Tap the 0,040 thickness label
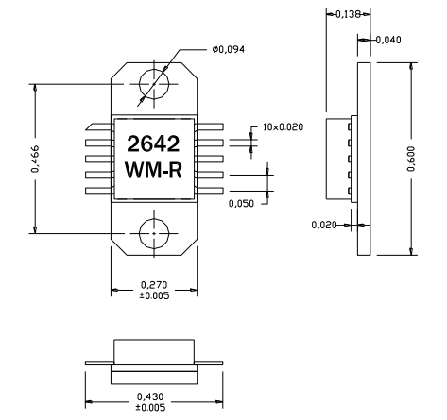[387, 40]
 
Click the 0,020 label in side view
[324, 225]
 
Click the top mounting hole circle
[154, 86]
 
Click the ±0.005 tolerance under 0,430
[155, 408]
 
